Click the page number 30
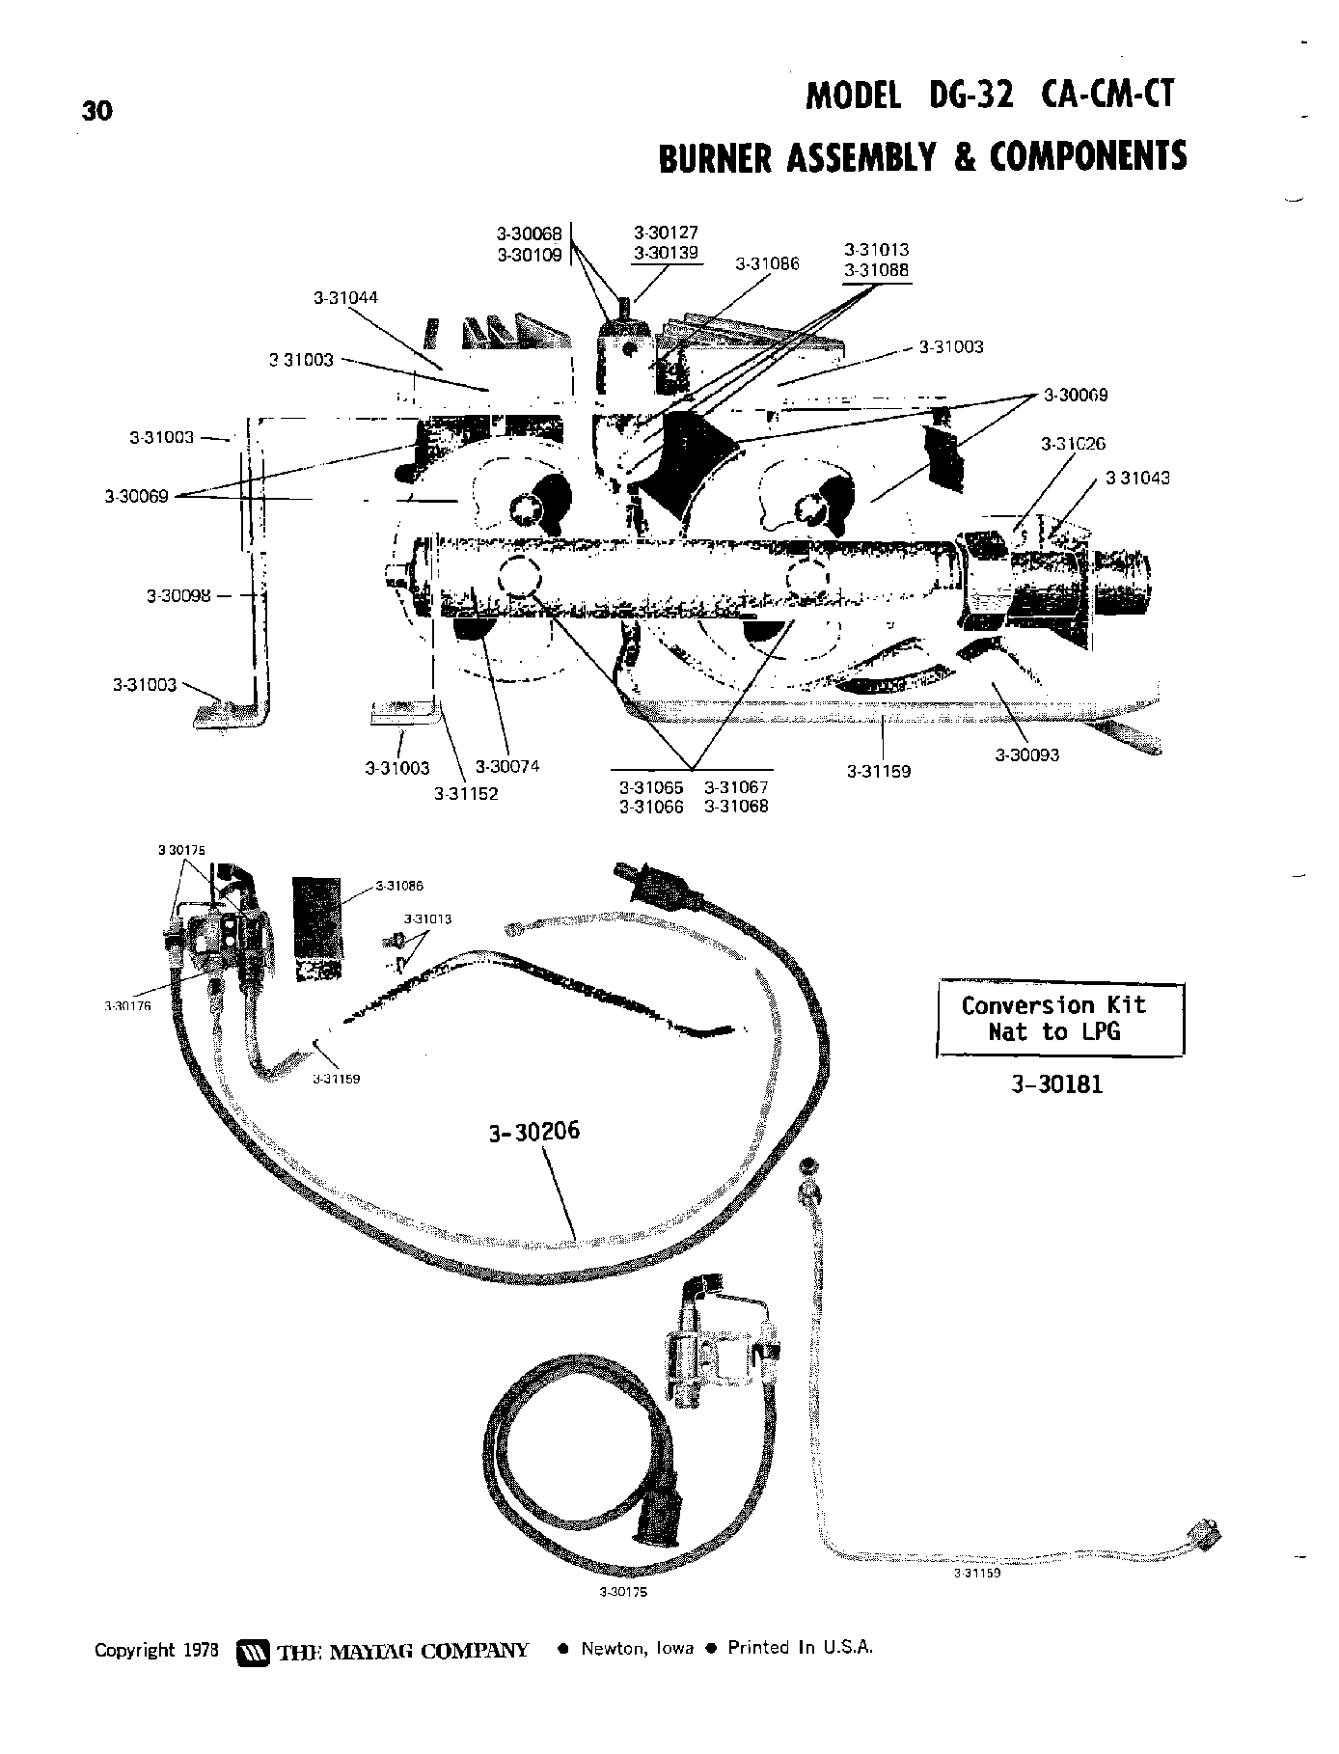click(x=97, y=111)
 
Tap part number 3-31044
click(x=345, y=298)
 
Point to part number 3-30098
click(x=178, y=595)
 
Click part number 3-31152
click(x=466, y=794)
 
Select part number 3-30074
click(x=507, y=766)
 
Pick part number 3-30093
click(x=1027, y=754)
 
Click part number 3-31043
click(x=1137, y=478)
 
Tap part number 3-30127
click(x=666, y=233)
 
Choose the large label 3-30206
click(x=534, y=1131)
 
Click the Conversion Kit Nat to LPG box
click(x=1059, y=1019)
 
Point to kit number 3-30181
click(x=1056, y=1084)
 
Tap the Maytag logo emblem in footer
click(x=251, y=1649)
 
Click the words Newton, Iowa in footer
click(x=636, y=1648)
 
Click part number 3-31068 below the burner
click(x=736, y=807)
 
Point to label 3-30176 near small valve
click(x=127, y=1005)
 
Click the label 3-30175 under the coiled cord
click(x=623, y=1591)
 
